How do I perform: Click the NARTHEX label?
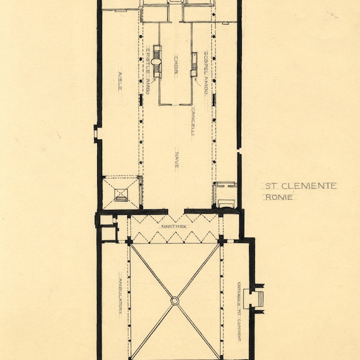coord(173,227)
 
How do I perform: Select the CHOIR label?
coord(176,63)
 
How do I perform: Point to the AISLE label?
coord(120,81)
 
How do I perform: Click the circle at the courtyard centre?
coord(175,300)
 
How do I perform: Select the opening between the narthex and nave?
coord(174,213)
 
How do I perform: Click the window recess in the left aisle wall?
coord(97,134)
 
